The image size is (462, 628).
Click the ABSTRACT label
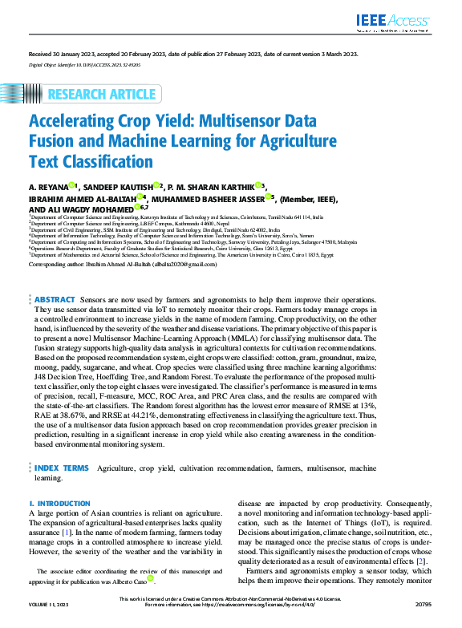55,299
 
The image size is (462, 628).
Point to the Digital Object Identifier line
84,63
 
